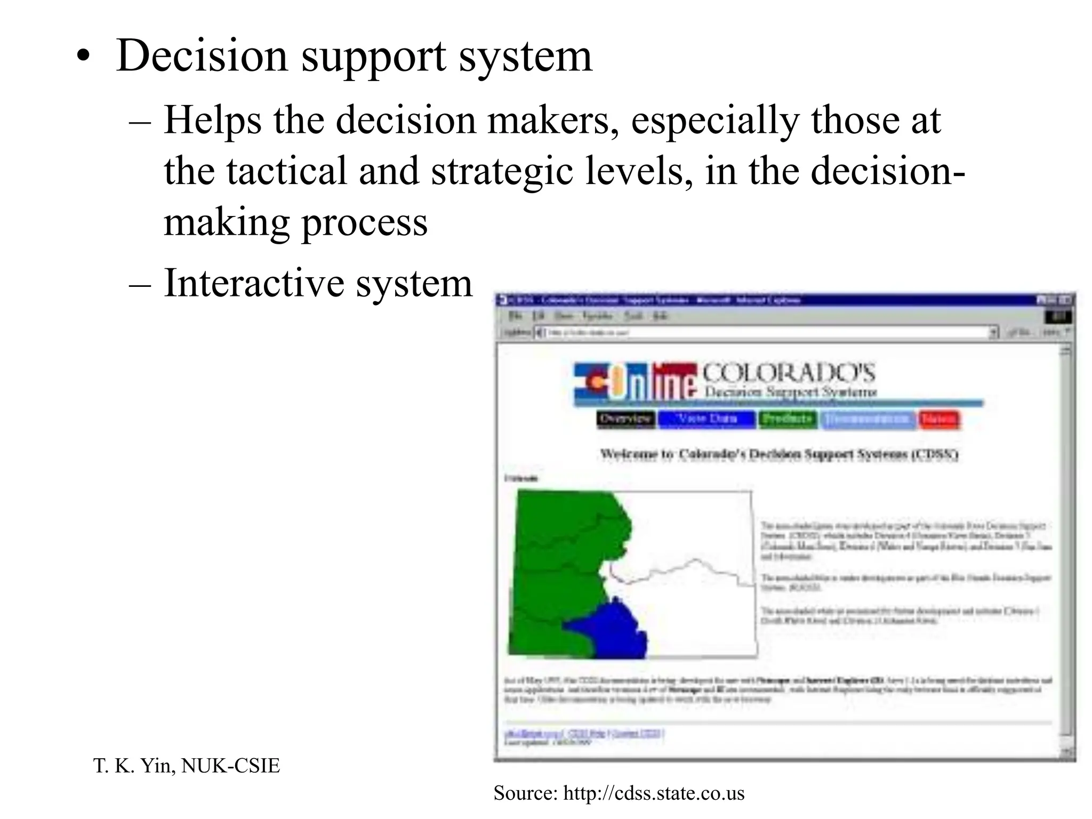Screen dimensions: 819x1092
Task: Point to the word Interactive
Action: (x=253, y=283)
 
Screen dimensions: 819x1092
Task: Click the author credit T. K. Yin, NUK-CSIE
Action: (x=186, y=766)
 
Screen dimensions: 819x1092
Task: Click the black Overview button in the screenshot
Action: (x=625, y=420)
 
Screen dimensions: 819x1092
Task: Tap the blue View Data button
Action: (x=706, y=420)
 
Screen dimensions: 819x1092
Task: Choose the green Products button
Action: (x=788, y=420)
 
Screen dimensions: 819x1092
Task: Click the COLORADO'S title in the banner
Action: (x=788, y=373)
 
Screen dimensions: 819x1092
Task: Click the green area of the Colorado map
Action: (x=560, y=560)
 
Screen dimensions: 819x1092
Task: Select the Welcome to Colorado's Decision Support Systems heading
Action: (x=779, y=455)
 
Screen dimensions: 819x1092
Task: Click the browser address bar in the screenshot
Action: (x=762, y=333)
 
